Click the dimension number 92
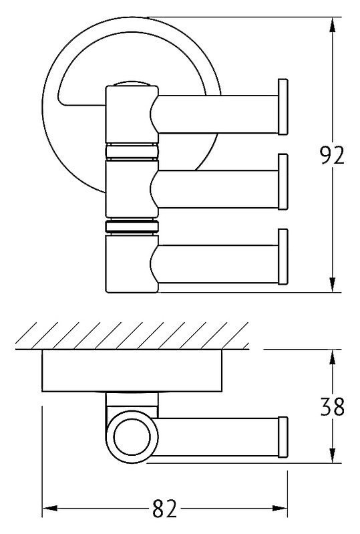coord(333,155)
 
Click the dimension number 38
coord(333,406)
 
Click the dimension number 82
coord(165,509)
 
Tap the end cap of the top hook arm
coord(283,107)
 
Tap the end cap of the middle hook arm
coord(283,182)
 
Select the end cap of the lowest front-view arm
coord(283,257)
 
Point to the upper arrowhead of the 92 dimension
coord(333,25)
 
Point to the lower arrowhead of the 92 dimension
coord(333,284)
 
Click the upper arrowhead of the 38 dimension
coord(333,358)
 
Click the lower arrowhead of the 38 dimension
coord(333,455)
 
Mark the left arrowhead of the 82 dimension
coord(49,509)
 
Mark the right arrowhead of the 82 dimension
coord(280,509)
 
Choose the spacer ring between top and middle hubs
coord(132,152)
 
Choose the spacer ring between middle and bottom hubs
coord(132,227)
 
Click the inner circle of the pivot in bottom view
coord(132,437)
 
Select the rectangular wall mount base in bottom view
coord(132,370)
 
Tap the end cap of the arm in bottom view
coord(283,437)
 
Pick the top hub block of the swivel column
coord(132,114)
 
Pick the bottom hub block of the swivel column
coord(132,263)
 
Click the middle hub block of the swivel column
coord(132,189)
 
